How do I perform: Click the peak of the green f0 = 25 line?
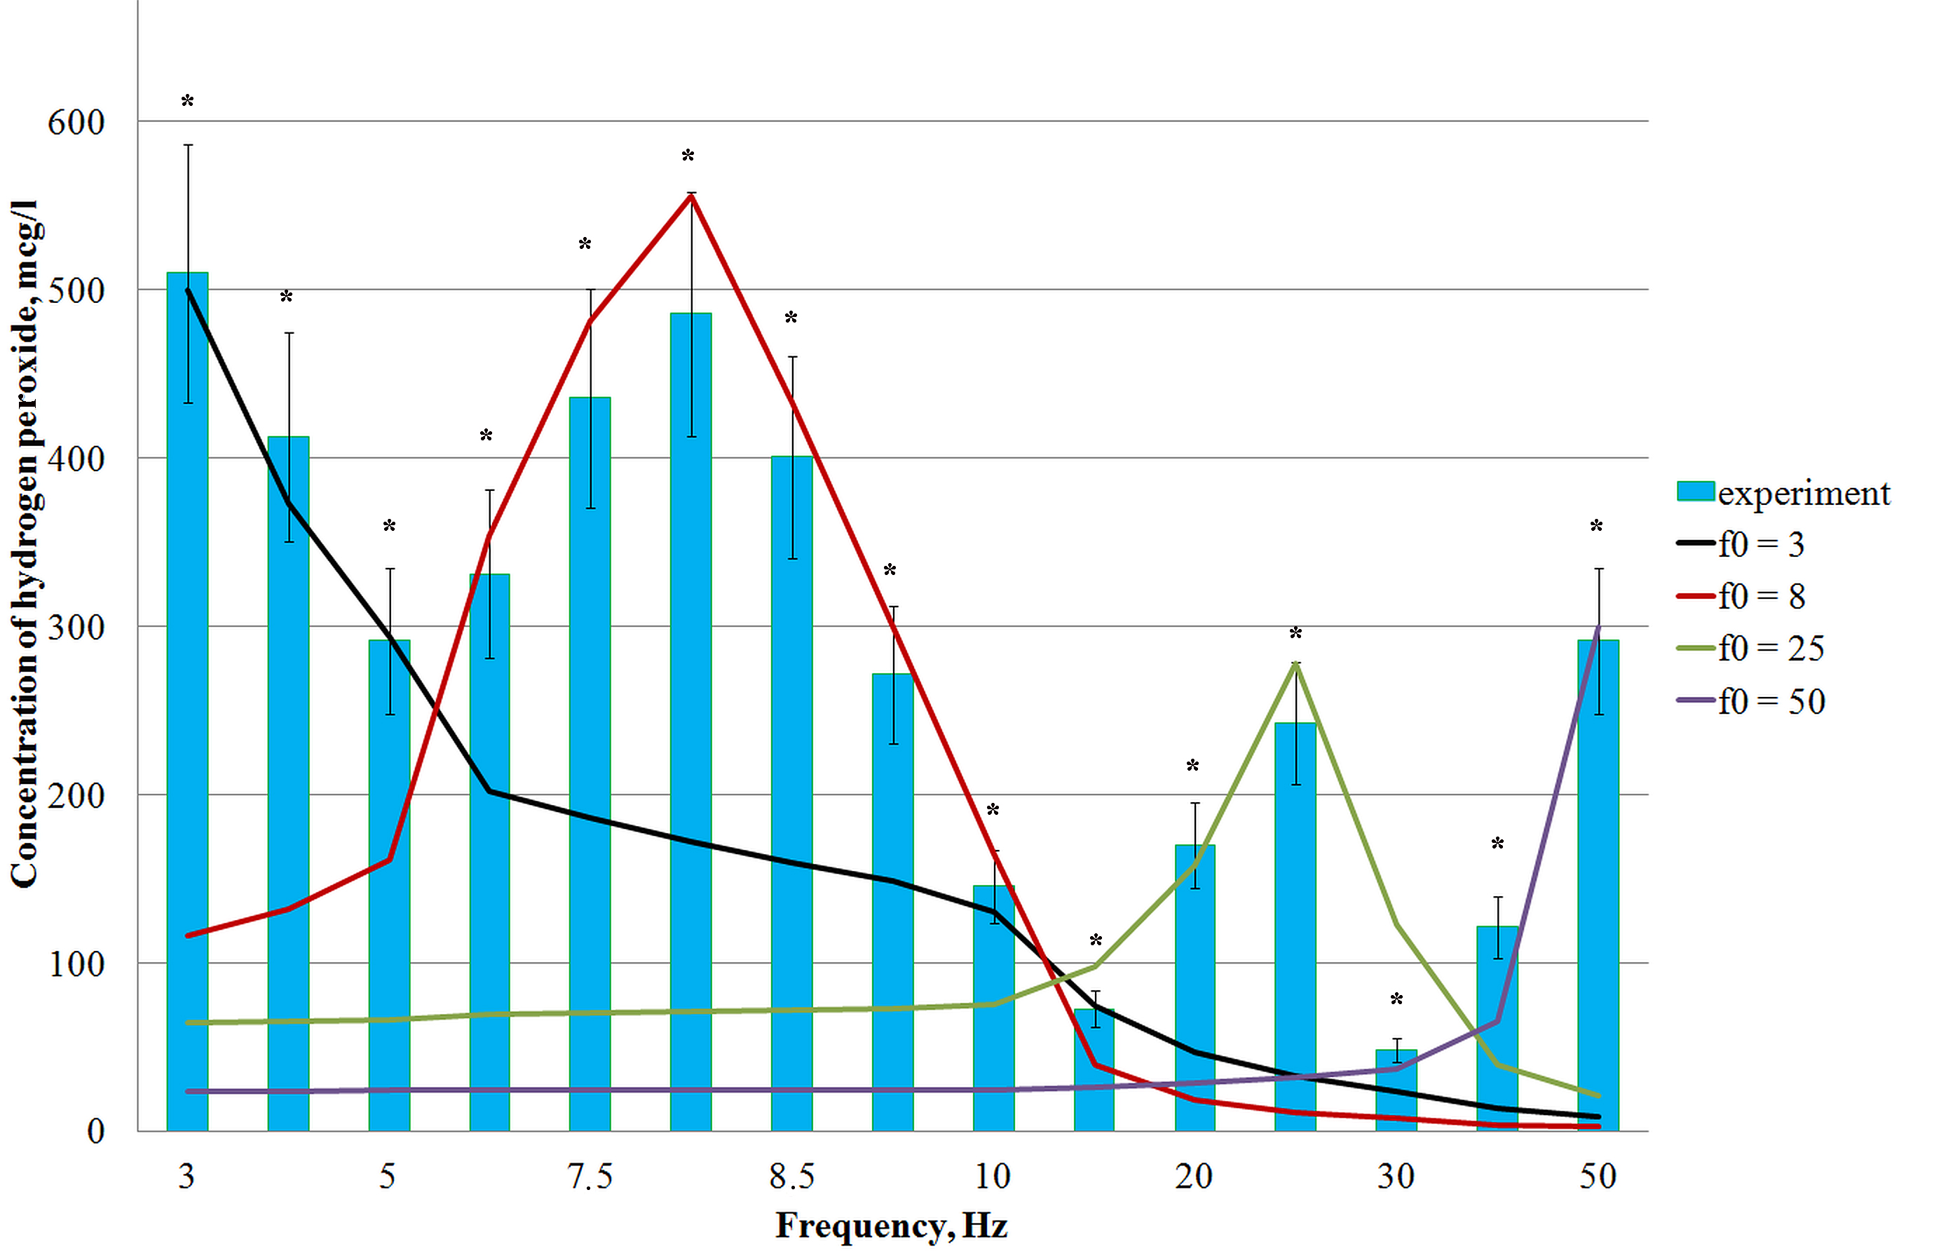click(x=1296, y=663)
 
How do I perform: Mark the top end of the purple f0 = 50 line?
click(x=1598, y=627)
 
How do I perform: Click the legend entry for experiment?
click(x=1785, y=492)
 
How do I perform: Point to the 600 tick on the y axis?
click(x=76, y=123)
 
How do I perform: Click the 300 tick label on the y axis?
click(x=76, y=628)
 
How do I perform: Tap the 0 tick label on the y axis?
click(x=95, y=1131)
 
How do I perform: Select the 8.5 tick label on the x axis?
click(x=791, y=1177)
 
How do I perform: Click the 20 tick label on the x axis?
click(x=1194, y=1177)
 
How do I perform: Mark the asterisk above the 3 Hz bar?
click(x=187, y=101)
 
